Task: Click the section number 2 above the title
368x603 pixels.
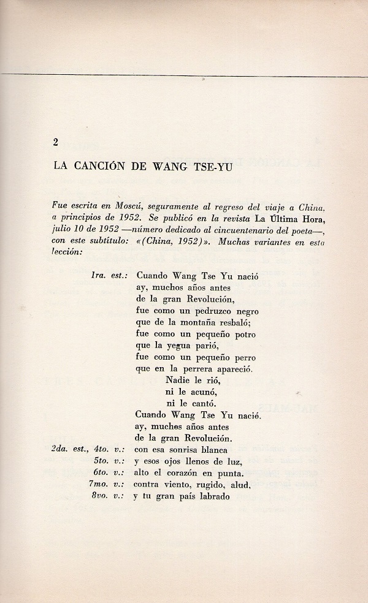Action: click(55, 142)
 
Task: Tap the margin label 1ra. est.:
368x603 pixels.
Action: click(109, 276)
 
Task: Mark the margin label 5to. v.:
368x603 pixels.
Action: click(110, 461)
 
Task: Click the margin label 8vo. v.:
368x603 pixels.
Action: click(110, 496)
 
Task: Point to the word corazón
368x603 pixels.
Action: click(189, 473)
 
